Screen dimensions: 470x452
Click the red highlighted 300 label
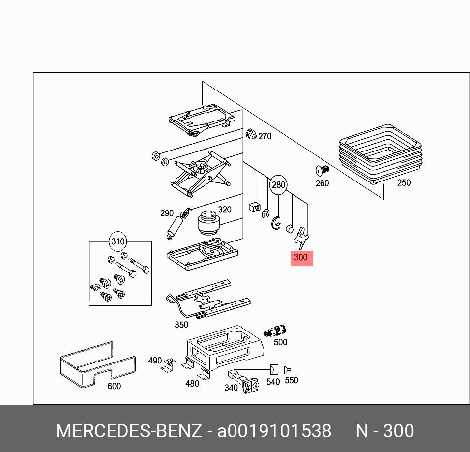[x=301, y=257]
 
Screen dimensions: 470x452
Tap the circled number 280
[x=278, y=184]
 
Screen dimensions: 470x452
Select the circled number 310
[x=118, y=241]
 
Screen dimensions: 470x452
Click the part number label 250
[x=403, y=183]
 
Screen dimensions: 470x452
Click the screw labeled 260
[x=323, y=171]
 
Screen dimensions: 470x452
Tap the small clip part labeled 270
[x=251, y=134]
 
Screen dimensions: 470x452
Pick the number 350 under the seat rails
[x=181, y=325]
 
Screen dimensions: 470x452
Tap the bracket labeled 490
[x=169, y=365]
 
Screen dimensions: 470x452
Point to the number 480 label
[x=192, y=383]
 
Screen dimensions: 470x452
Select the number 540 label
[x=273, y=382]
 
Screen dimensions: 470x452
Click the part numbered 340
[x=248, y=383]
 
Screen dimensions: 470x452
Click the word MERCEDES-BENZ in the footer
[x=129, y=431]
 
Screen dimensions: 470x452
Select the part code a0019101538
[x=274, y=431]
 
